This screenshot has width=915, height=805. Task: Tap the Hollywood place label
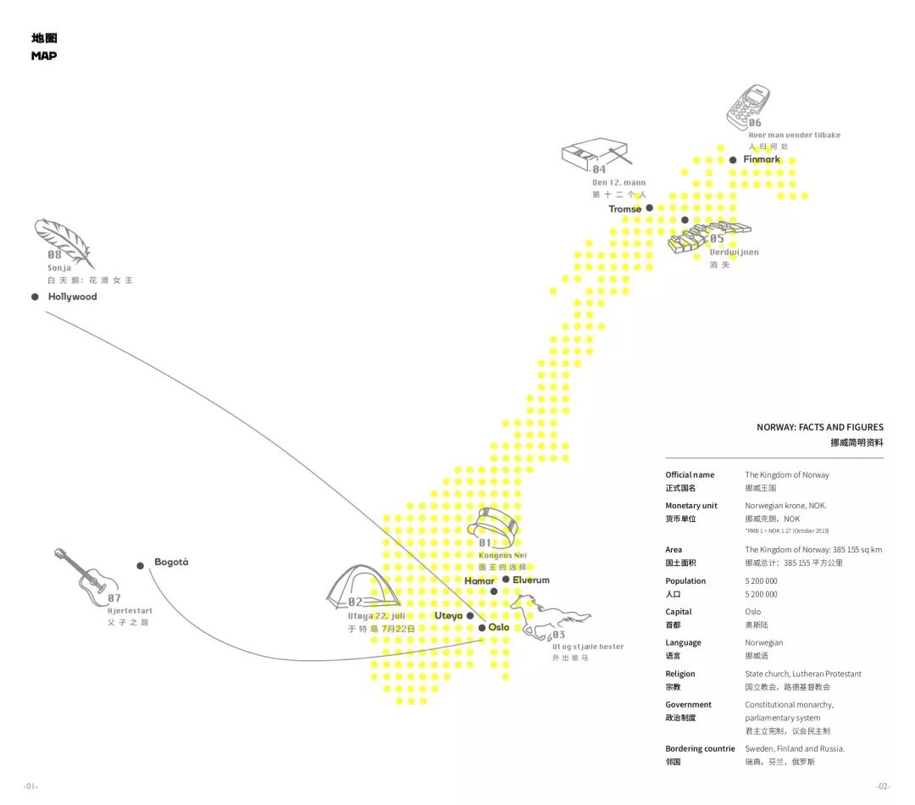pos(72,297)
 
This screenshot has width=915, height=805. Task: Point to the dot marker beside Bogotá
pos(141,565)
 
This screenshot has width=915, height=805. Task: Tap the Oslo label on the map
pos(499,628)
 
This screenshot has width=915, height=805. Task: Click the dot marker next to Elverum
pos(506,580)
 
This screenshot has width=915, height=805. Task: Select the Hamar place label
pos(479,580)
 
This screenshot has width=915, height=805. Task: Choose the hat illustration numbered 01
pos(496,520)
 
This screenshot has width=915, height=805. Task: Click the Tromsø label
pos(625,209)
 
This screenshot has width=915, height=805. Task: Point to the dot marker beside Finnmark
pos(733,159)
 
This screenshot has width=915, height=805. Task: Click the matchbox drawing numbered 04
pos(593,155)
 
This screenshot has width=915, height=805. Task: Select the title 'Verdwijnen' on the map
pos(734,252)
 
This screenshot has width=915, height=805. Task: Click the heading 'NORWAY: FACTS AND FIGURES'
pos(819,427)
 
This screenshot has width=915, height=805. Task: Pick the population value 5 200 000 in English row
pos(761,581)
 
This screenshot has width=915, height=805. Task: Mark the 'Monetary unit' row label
pos(691,506)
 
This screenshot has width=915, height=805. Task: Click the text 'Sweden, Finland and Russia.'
pos(795,749)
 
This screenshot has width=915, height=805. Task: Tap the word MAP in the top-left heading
pos(44,56)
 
